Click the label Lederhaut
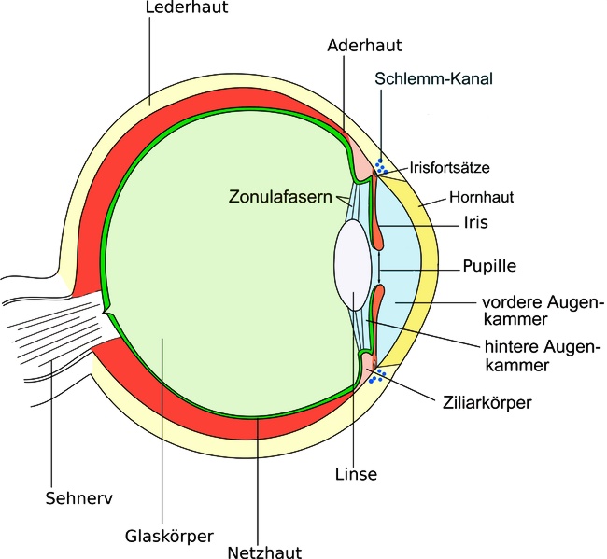coord(187,7)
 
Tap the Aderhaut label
coord(364,46)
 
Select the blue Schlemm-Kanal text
coord(433,78)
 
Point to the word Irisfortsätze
coord(450,167)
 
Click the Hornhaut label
coord(481,197)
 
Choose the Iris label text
coord(475,222)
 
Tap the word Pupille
coord(489,266)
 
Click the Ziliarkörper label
coord(487,403)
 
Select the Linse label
coord(356,474)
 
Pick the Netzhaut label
coord(264,552)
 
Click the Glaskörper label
coord(169,537)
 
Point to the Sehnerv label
coord(79,498)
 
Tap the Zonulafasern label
coord(280,197)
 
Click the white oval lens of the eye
coord(353,265)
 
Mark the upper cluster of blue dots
coord(381,166)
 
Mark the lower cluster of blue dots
coord(377,376)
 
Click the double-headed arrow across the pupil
coord(379,268)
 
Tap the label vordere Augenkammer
coord(543,311)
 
